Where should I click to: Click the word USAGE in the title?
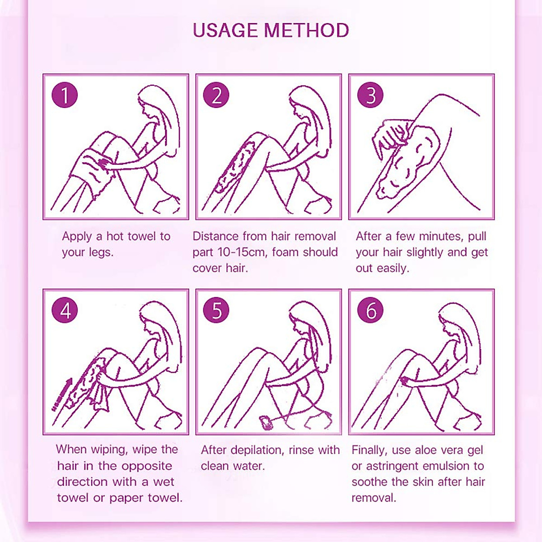coord(225,30)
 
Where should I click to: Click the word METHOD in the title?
coord(306,30)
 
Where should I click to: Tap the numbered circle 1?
coord(65,95)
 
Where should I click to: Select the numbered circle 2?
coord(216,95)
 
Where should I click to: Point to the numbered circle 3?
coord(370,95)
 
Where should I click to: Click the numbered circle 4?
coord(65,311)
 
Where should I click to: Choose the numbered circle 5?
coord(216,311)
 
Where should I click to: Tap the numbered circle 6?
coord(370,311)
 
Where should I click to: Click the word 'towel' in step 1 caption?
coord(142,236)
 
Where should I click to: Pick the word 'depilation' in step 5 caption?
coord(257,450)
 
